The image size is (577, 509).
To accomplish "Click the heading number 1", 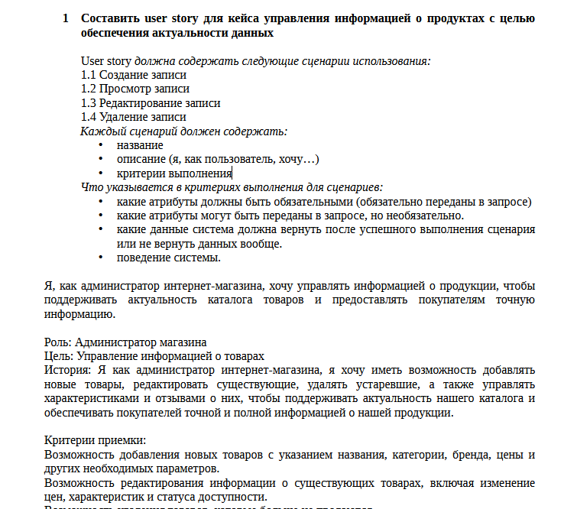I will (x=66, y=18).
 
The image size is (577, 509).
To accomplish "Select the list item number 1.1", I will (x=89, y=75).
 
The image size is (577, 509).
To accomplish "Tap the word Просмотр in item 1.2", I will (x=125, y=89).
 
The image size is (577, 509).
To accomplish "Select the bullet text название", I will (x=140, y=145).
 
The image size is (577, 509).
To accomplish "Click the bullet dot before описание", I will (x=100, y=160).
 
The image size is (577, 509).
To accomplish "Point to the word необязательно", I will (x=426, y=216).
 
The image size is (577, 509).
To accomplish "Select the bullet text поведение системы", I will (x=168, y=258).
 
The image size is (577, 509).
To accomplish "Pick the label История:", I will (x=68, y=370).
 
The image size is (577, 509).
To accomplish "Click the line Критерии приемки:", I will (x=95, y=440).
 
